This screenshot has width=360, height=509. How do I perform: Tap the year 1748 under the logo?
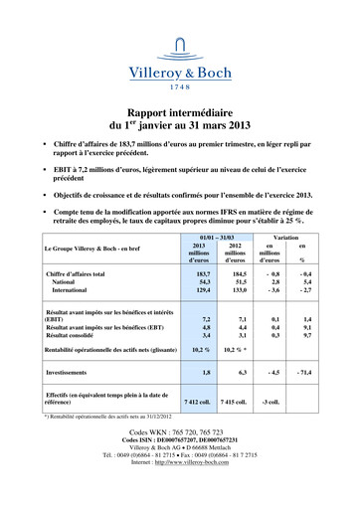[x=180, y=86]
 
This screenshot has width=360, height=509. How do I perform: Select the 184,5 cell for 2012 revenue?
[x=238, y=270]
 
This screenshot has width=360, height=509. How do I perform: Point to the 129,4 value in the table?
[x=203, y=289]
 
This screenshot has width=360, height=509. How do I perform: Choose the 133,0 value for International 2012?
[x=238, y=289]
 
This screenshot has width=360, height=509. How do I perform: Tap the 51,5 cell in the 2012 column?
[x=239, y=280]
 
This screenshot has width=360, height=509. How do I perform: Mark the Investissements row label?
[x=74, y=372]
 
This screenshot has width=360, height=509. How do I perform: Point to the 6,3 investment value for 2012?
[x=240, y=372]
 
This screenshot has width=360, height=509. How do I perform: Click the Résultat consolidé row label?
[x=74, y=335]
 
